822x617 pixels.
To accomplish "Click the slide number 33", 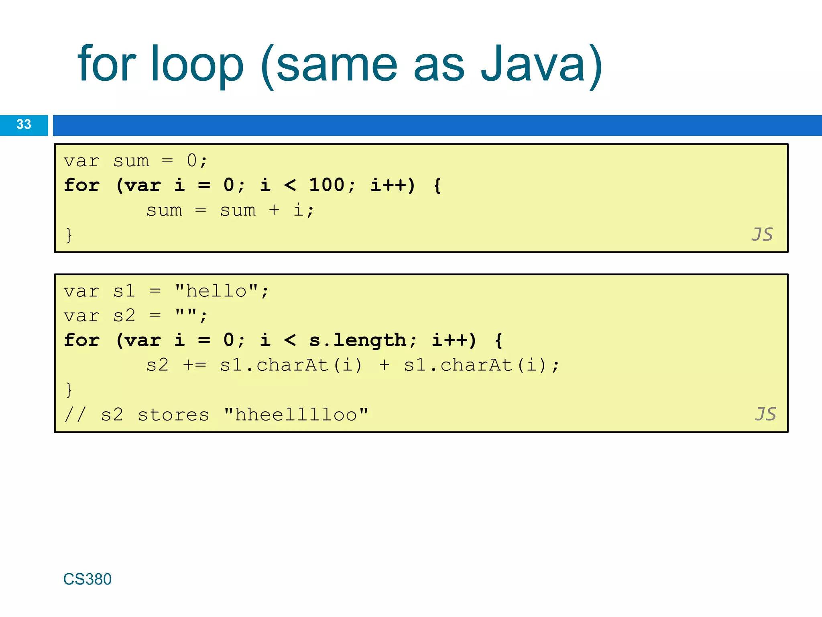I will tap(24, 125).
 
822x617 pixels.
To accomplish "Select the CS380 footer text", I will tap(87, 579).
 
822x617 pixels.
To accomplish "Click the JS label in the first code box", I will tap(762, 235).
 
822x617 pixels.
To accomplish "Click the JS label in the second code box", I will tap(765, 414).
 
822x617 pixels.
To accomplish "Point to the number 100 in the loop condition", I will tap(327, 185).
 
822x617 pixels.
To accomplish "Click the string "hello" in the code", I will tap(216, 291).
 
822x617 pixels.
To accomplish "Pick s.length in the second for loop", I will tap(358, 340).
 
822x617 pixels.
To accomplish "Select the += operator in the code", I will tap(195, 365).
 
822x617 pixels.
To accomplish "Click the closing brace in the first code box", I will tap(69, 235).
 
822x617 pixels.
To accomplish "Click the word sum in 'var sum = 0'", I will tap(131, 161).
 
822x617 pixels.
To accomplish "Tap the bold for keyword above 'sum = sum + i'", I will tap(82, 185).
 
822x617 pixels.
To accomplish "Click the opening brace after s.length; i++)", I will tap(498, 341).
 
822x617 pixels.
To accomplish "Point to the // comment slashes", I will tap(75, 415).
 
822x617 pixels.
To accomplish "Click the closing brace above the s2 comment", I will tap(69, 390).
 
